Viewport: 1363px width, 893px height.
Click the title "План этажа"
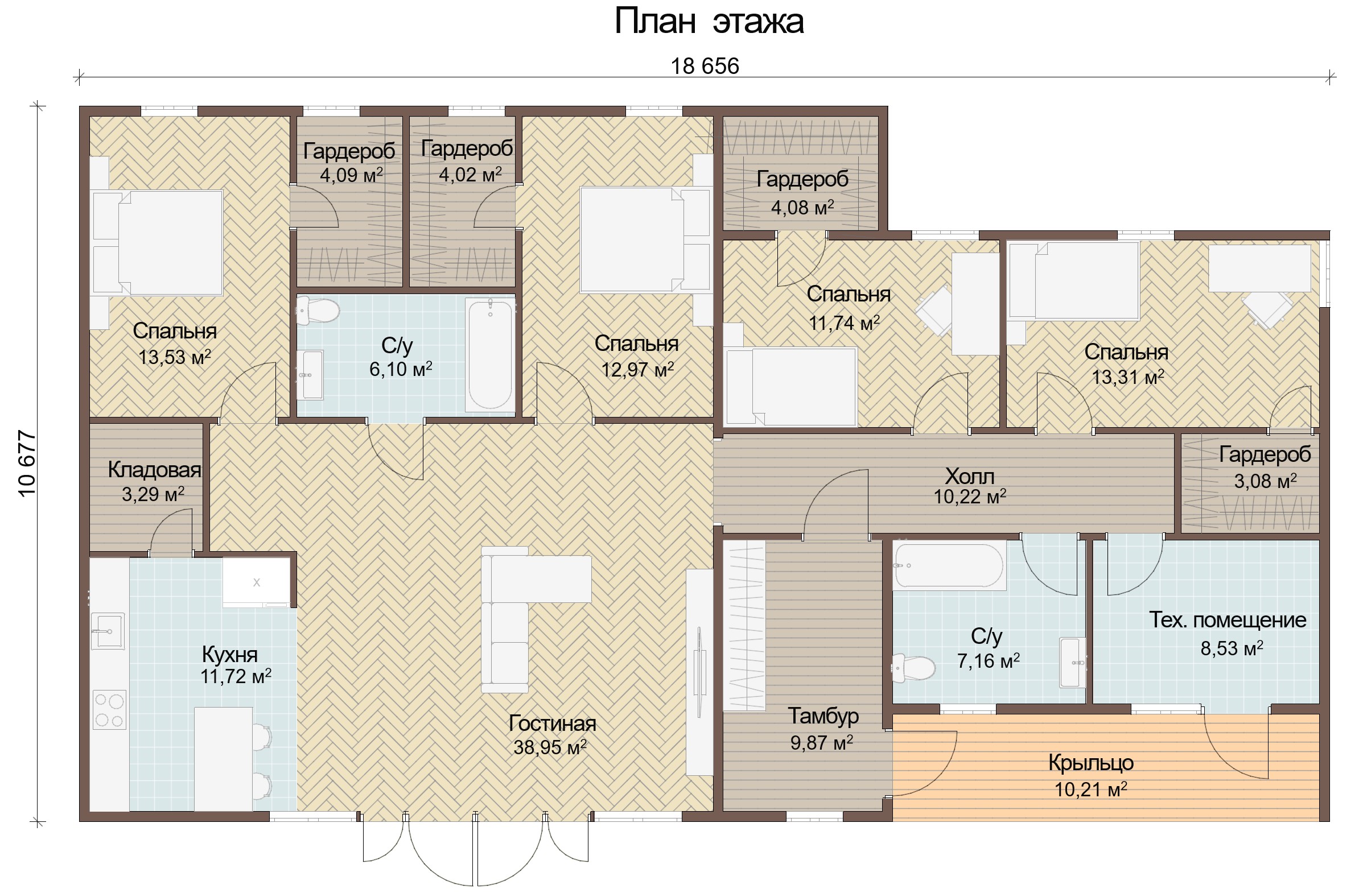pos(709,22)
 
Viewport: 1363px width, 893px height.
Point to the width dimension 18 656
pos(705,67)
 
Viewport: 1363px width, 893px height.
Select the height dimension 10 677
pos(27,464)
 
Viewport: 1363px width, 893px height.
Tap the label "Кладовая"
pos(155,470)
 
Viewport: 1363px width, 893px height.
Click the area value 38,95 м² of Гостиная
pos(550,747)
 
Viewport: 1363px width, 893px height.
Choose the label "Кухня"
pos(230,654)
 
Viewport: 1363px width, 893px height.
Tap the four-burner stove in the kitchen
pos(110,710)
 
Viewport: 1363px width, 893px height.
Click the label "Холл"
pos(970,476)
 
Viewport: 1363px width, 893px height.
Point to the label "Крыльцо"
pos(1091,763)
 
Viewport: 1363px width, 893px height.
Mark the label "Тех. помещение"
pos(1228,620)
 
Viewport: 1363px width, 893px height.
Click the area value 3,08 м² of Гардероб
pos(1266,481)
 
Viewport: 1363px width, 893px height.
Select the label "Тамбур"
pos(823,716)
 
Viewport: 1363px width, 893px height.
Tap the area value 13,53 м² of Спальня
pos(175,357)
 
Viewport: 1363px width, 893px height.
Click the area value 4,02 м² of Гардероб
pos(471,174)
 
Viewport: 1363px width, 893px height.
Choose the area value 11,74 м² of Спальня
pos(844,323)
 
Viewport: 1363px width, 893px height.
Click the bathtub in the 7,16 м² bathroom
pos(948,566)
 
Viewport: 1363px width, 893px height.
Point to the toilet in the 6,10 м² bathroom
pos(318,311)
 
